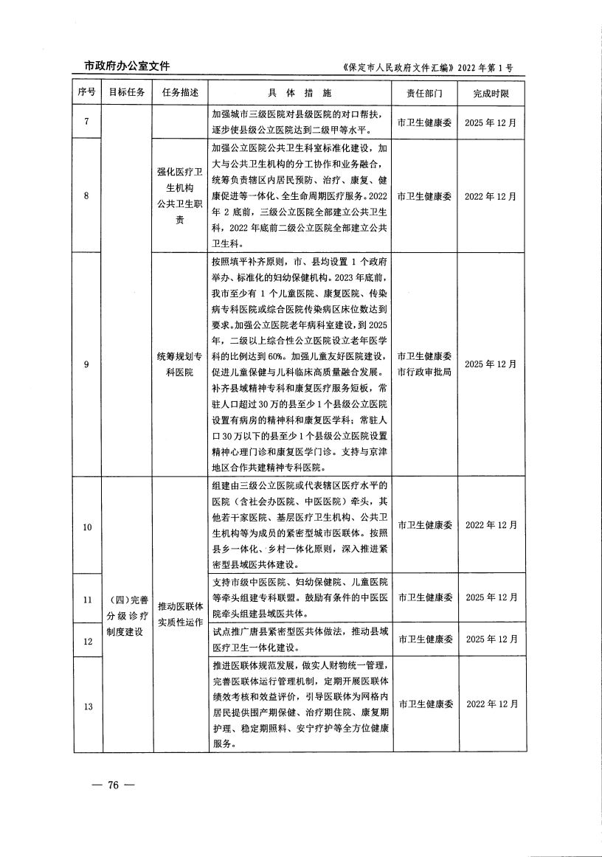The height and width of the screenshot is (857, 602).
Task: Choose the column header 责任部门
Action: coord(424,93)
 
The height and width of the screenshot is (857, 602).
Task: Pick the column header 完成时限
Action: coord(491,93)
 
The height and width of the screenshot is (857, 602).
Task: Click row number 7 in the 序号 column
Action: coord(87,122)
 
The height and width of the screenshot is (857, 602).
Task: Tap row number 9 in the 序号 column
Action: coord(87,364)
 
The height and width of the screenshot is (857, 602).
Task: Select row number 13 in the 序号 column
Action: coord(87,707)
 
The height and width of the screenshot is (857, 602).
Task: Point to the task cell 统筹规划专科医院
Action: coord(180,364)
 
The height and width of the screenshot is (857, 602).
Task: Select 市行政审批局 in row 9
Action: coord(424,372)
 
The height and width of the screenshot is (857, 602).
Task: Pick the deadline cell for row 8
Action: coord(491,196)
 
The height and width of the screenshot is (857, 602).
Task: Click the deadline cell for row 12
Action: coord(491,639)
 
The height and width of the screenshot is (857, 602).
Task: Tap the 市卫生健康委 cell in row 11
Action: coord(424,597)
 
